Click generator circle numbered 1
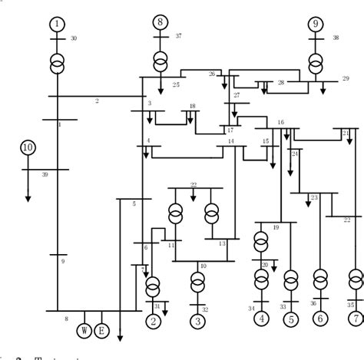point(58,25)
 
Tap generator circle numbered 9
point(315,25)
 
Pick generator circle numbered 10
point(28,147)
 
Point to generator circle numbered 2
point(154,321)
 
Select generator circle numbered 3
point(197,321)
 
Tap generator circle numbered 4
point(261,317)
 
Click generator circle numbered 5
point(290,317)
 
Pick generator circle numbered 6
point(321,317)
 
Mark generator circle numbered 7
point(354,317)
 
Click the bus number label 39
point(45,175)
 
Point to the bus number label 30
point(74,38)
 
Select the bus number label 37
point(178,36)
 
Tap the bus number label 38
point(336,38)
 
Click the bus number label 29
point(346,79)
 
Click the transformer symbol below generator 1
point(58,62)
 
